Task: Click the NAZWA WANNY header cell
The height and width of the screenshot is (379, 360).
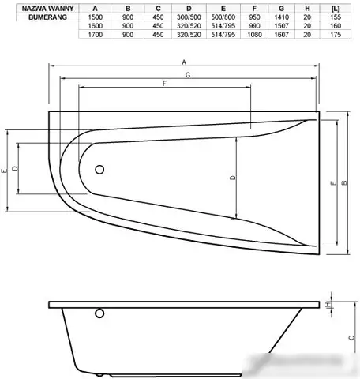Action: [x=36, y=9]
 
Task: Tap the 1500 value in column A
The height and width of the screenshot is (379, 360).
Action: [x=96, y=17]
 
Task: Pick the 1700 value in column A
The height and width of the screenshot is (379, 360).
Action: [x=96, y=35]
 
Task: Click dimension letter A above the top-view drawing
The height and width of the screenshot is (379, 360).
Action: [x=184, y=62]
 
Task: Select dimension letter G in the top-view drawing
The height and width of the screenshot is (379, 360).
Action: [x=186, y=74]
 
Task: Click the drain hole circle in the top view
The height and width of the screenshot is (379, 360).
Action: [x=99, y=170]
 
